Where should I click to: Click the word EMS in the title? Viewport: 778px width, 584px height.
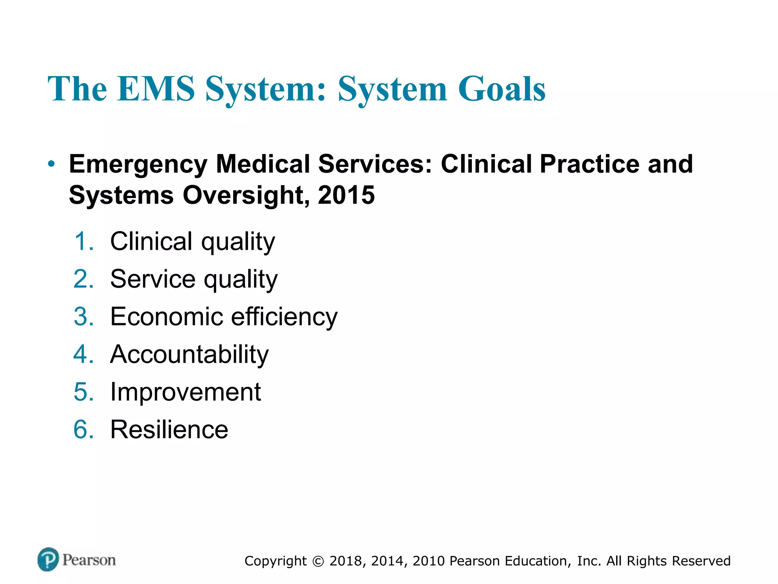click(x=156, y=89)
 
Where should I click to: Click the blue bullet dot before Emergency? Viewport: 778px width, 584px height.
click(x=51, y=164)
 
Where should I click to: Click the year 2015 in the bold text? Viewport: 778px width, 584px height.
click(x=346, y=195)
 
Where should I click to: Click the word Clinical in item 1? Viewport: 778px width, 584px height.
click(x=151, y=241)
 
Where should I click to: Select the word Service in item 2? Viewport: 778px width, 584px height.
click(x=153, y=279)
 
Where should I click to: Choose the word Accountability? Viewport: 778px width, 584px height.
click(x=189, y=354)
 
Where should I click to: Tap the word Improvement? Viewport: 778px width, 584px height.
click(x=185, y=392)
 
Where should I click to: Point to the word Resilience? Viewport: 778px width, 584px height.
click(x=169, y=430)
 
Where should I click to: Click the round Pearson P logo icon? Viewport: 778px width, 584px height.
click(x=48, y=559)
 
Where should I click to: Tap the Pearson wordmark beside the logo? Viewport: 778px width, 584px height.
click(x=89, y=560)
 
